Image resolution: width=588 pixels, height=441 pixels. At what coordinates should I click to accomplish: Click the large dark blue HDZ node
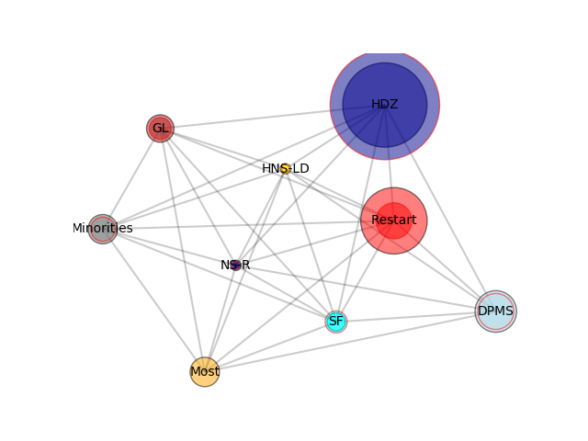[385, 105]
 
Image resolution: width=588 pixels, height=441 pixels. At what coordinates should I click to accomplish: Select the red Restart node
[394, 220]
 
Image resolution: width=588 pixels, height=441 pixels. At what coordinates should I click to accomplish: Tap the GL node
[160, 129]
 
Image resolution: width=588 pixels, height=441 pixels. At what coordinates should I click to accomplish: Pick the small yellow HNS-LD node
[286, 169]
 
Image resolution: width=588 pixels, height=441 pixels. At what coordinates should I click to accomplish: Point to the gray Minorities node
[103, 229]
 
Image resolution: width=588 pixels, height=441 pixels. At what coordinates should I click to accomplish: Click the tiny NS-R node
[235, 266]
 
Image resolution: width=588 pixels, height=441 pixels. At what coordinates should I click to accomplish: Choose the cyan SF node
[336, 322]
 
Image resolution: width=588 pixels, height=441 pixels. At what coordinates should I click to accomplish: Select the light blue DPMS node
[496, 311]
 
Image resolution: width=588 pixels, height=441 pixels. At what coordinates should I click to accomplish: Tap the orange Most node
[205, 371]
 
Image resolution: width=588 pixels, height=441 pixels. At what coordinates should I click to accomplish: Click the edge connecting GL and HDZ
[272, 117]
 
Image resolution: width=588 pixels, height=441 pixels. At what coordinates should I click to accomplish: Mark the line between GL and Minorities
[131, 178]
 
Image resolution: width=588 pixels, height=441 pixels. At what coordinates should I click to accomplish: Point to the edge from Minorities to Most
[153, 300]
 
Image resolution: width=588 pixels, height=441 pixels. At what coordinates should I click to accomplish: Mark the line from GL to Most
[182, 250]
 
